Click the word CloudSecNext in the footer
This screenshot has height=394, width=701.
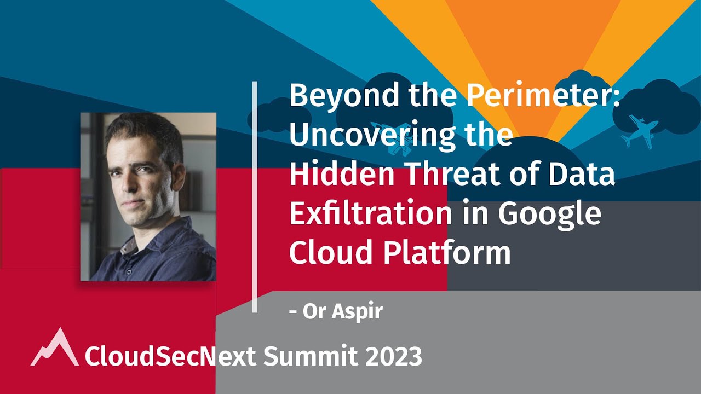tap(170, 357)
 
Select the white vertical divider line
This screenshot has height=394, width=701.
tap(255, 197)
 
